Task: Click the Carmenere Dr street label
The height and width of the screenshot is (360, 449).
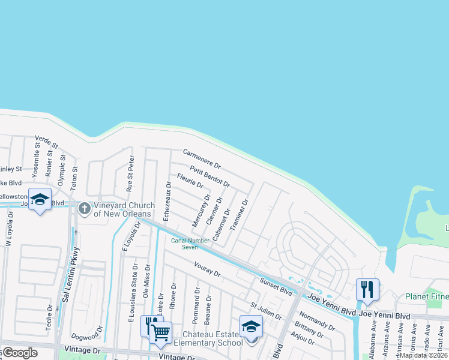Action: pyautogui.click(x=202, y=158)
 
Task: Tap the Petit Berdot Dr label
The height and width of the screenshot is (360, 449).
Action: pyautogui.click(x=209, y=176)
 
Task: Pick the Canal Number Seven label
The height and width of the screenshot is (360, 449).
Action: pyautogui.click(x=190, y=244)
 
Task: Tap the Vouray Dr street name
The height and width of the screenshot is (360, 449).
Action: pyautogui.click(x=208, y=268)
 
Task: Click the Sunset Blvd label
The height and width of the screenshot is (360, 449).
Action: pyautogui.click(x=276, y=286)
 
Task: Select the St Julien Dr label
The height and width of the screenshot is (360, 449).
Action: pyautogui.click(x=266, y=311)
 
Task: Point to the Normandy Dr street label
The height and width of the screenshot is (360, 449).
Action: pyautogui.click(x=316, y=321)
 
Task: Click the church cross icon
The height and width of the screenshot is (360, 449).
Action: pyautogui.click(x=85, y=209)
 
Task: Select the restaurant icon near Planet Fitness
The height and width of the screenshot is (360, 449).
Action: pyautogui.click(x=367, y=289)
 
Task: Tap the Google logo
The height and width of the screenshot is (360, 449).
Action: pyautogui.click(x=19, y=353)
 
